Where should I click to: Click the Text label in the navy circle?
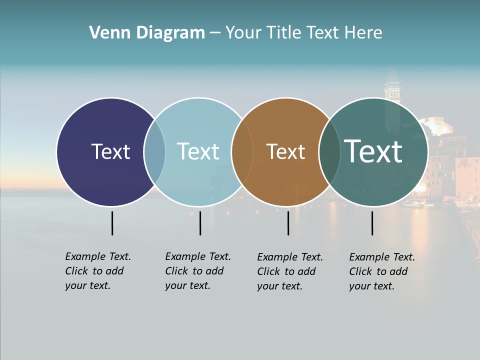click(x=110, y=151)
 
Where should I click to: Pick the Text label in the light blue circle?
click(x=198, y=151)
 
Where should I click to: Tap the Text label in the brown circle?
click(x=285, y=151)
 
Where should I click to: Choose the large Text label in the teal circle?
click(x=373, y=151)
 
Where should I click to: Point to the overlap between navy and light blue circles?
click(x=154, y=151)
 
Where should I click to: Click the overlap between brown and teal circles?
click(x=329, y=151)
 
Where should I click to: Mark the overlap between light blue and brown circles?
click(x=241, y=151)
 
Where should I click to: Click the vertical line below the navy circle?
click(x=112, y=223)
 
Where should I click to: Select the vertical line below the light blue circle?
click(x=200, y=223)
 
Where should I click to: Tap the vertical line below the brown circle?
click(x=288, y=223)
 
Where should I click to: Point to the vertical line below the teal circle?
click(x=372, y=223)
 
